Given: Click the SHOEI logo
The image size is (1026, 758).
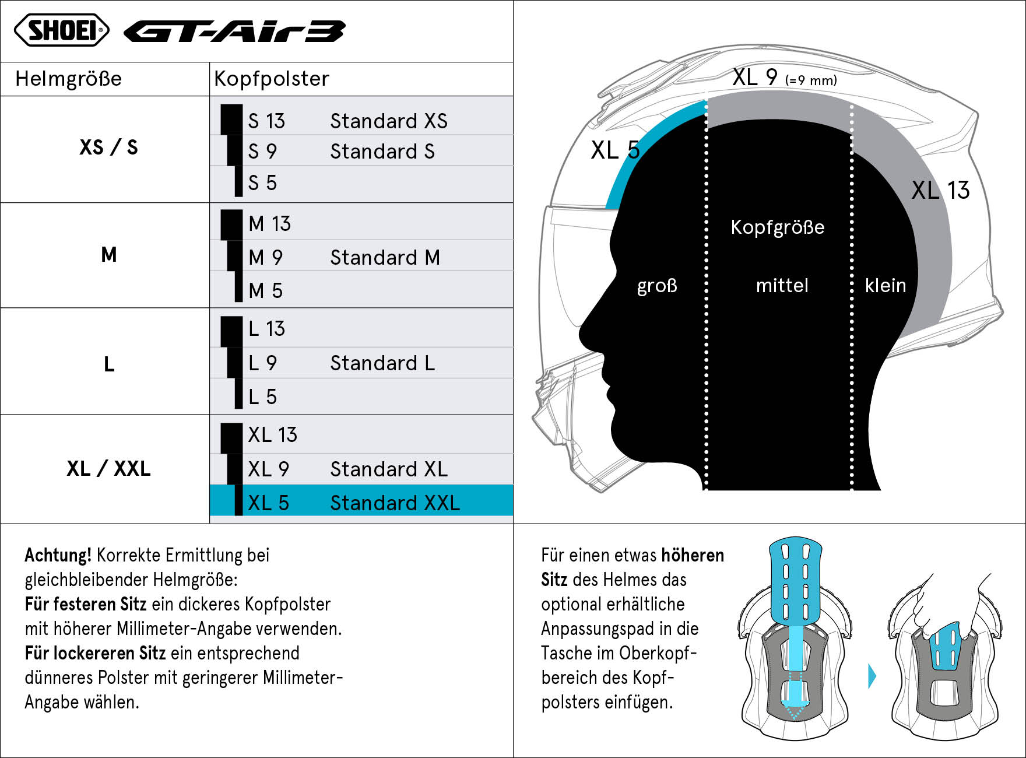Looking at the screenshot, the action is point(61,30).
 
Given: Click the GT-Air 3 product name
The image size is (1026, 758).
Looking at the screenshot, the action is point(234,31).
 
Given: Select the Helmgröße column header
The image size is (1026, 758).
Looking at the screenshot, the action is point(68,79).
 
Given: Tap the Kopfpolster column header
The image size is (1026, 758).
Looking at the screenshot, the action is point(272,79).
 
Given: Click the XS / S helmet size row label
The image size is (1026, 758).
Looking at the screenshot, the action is point(108,147).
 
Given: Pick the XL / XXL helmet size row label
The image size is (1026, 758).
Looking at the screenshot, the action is point(108,468).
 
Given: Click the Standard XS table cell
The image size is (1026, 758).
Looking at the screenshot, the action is point(389,121).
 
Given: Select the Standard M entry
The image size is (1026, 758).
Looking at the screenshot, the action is point(385,257).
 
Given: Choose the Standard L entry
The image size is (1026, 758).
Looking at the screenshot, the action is point(382,363).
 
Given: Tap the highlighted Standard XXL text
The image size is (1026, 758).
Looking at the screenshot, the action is point(395,503).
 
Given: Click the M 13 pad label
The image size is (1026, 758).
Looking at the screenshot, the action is point(269,223).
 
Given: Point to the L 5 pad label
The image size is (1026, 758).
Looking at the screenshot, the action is point(262,396).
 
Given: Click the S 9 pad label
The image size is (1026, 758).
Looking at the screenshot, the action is point(262,152).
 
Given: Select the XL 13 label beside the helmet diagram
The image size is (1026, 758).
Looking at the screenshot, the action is point(940,190).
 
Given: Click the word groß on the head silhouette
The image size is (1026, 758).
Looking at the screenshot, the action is point(657,285).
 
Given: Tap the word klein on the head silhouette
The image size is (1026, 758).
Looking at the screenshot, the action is point(886,285).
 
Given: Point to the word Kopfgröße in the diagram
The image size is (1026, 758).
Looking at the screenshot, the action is point(778,227).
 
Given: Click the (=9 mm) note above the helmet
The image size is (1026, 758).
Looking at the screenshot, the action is point(811,80).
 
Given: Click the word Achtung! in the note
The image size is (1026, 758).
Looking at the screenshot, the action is point(58,555).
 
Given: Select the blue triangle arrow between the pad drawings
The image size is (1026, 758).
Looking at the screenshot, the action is point(872,676).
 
